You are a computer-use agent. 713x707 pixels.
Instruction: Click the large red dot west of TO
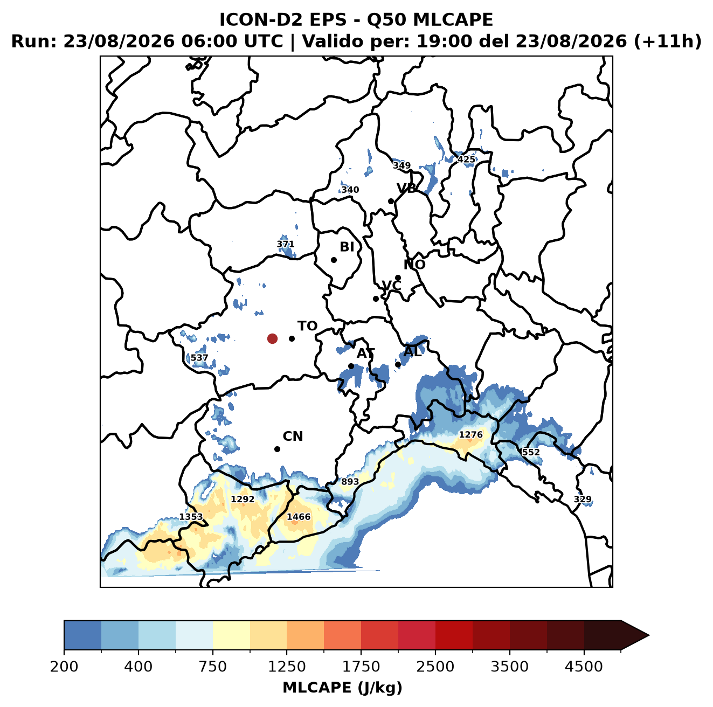coord(272,338)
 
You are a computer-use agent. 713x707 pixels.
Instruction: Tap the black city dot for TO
coord(292,338)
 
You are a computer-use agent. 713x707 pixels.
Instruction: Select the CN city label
coord(293,436)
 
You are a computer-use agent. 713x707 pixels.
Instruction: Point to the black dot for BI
coord(334,260)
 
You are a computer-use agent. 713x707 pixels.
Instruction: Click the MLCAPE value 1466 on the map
coord(299,516)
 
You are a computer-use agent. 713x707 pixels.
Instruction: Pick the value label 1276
coord(470,434)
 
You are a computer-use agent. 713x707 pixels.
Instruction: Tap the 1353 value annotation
coord(191,517)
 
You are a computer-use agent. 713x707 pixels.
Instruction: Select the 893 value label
coord(350,481)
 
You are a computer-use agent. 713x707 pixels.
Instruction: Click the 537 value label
coord(199,358)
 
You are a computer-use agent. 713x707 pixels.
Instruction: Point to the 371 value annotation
coord(285,244)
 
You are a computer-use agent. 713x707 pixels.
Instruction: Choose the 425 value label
coord(466,160)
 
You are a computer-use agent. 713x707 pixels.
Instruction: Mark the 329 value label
coord(583,499)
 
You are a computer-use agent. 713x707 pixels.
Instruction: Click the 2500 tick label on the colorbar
coord(435,667)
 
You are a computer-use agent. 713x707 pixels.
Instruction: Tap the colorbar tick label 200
coord(64,667)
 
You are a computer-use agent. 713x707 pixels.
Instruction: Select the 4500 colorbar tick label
coord(584,667)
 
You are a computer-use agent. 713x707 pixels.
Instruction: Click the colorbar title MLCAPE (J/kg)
coord(342,688)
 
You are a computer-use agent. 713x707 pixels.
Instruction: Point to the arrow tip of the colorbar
coord(649,635)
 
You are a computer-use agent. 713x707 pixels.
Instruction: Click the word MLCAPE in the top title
coord(453,19)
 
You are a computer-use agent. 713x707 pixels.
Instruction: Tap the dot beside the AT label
coord(351,366)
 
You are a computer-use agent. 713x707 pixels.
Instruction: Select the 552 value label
coord(531,452)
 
